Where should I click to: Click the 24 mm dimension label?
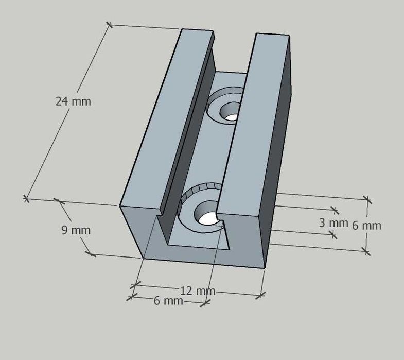coord(73,101)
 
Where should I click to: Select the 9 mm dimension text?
coord(76,230)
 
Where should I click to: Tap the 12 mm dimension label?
coord(197,291)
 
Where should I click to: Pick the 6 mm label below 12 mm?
coord(168,301)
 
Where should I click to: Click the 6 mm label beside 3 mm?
coord(367,226)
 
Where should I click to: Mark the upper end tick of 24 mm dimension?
coord(109,24)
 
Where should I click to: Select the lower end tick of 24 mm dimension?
coord(26,198)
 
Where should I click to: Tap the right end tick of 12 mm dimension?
coord(261,295)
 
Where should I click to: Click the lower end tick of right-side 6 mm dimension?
coord(366,251)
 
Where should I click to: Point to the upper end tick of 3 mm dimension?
coord(336,210)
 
